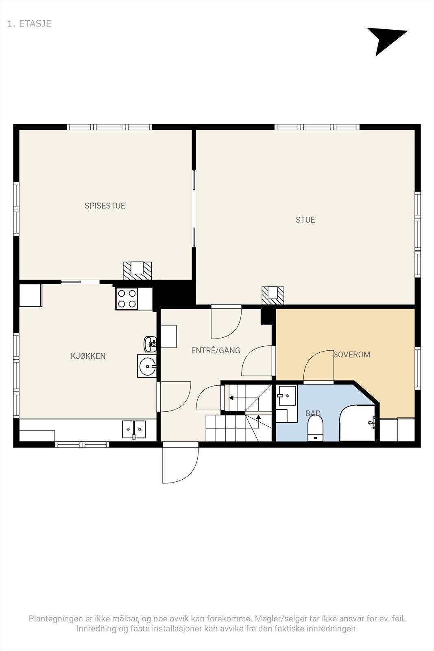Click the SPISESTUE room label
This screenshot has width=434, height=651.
tap(105, 206)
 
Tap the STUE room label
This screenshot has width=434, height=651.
tap(305, 220)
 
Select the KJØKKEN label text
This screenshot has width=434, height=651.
tap(88, 356)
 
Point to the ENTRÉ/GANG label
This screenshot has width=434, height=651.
tap(216, 350)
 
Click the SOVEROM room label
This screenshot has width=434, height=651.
tap(352, 354)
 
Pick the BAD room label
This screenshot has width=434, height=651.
tap(313, 413)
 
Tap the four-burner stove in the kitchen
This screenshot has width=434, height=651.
tap(127, 299)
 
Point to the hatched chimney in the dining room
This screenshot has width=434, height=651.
tap(137, 271)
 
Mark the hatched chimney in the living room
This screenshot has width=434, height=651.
tap(273, 295)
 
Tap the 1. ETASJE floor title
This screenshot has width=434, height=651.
tap(29, 24)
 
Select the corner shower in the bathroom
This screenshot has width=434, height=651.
tap(357, 423)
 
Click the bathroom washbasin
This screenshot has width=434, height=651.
tap(287, 395)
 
